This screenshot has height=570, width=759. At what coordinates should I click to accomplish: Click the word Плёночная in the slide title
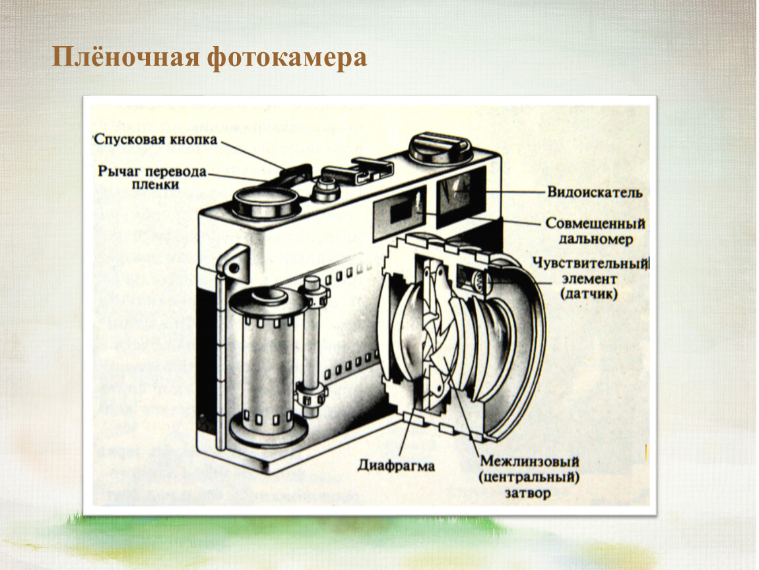click(125, 57)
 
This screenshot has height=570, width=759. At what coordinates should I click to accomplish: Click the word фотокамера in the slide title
click(287, 58)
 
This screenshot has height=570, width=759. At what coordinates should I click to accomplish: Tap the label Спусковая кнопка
click(156, 139)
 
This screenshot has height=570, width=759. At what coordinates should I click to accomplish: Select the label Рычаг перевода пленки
click(152, 177)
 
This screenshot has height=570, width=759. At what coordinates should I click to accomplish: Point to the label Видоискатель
click(595, 192)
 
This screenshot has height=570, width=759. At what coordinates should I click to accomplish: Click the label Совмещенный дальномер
click(596, 232)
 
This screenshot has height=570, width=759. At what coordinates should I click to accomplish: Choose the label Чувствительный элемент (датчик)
click(590, 278)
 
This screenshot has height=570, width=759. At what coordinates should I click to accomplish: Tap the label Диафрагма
click(396, 466)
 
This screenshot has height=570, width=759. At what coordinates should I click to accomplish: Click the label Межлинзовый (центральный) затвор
click(529, 477)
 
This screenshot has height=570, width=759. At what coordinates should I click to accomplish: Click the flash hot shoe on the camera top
click(359, 172)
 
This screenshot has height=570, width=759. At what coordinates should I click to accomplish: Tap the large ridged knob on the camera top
click(440, 149)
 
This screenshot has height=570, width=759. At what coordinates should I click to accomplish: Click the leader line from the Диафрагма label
click(408, 426)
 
